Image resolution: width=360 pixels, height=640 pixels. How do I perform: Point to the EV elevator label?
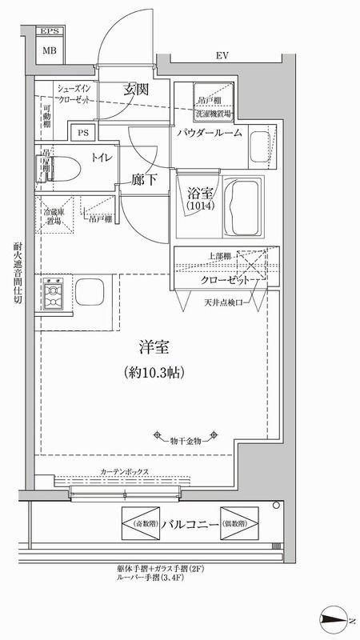tap(222, 56)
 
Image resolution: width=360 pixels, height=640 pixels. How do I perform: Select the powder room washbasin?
tap(260, 145)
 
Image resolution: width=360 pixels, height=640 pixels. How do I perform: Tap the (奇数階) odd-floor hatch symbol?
tap(140, 523)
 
